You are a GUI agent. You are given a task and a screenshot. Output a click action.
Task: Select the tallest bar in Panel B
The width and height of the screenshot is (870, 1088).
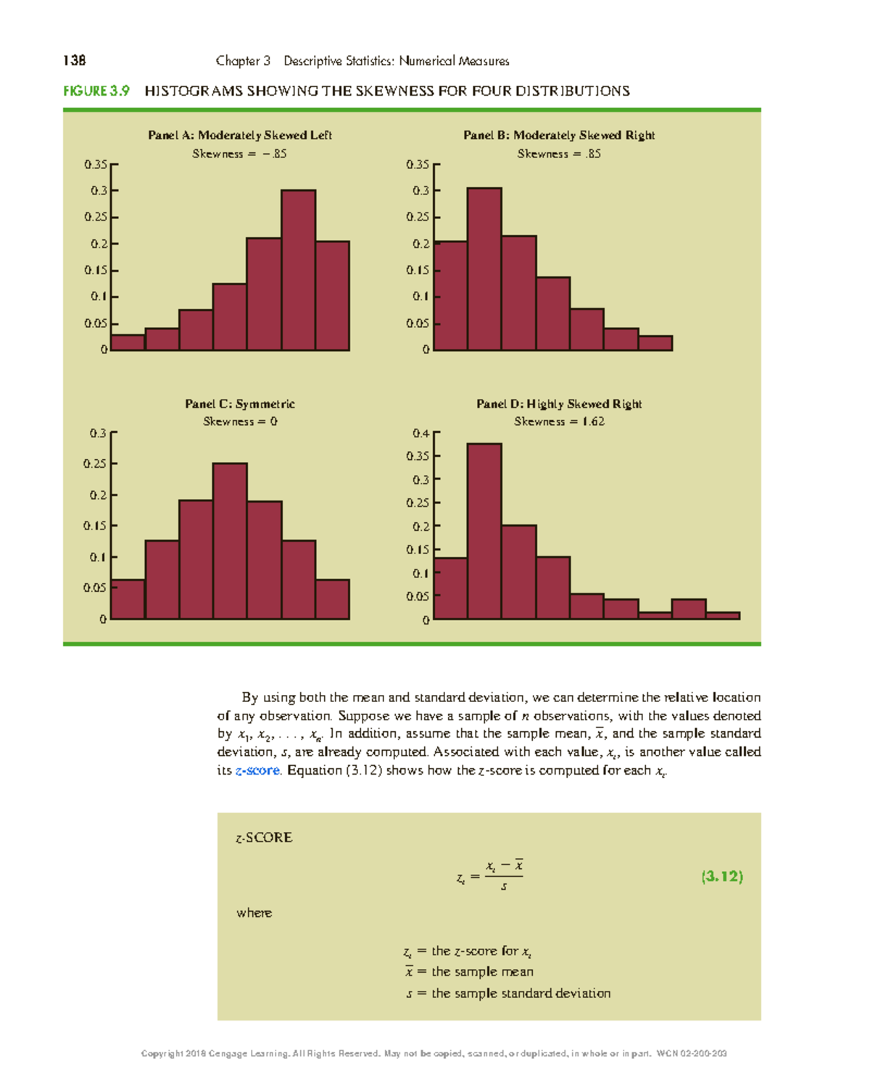(x=484, y=269)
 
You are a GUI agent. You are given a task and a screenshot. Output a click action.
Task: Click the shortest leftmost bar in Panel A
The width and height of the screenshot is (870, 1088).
(x=128, y=342)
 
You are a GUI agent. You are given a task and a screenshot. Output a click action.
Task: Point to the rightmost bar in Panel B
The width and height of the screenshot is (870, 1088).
(x=655, y=343)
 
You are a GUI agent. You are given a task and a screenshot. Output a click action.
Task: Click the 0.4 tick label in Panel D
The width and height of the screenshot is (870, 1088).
(x=420, y=434)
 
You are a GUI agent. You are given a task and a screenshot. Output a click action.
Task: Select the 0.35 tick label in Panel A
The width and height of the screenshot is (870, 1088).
(x=96, y=165)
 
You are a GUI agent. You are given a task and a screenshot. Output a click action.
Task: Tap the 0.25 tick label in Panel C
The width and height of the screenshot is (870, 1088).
(x=95, y=464)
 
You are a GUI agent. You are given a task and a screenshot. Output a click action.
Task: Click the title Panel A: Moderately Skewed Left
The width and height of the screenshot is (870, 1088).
(x=240, y=135)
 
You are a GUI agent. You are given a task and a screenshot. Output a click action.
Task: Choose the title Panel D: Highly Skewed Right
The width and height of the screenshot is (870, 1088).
(x=559, y=404)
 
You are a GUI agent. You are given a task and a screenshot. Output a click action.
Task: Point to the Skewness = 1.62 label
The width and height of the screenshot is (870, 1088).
(x=559, y=421)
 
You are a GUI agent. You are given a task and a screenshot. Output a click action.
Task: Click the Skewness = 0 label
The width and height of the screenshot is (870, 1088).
(x=240, y=421)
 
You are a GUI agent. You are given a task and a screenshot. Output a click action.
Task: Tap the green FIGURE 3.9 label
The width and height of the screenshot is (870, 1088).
(x=96, y=91)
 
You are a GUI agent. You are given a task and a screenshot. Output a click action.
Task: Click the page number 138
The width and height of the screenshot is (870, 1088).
(x=75, y=61)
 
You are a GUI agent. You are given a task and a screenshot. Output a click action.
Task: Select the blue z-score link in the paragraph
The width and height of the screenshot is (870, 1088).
(x=257, y=770)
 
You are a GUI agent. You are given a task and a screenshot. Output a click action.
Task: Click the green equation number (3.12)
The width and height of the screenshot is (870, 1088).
(x=722, y=876)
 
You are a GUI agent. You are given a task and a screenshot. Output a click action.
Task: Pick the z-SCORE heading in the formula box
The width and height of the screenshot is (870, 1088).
(x=264, y=838)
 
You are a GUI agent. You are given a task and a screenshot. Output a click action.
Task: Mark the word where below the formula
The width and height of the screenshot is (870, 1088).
(x=254, y=912)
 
